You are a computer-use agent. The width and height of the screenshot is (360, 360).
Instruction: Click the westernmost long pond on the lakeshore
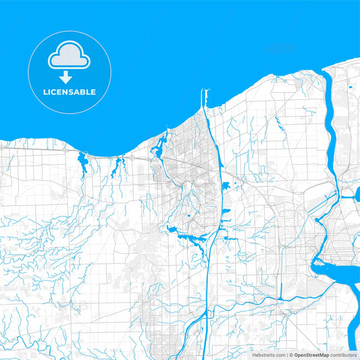point(82,162)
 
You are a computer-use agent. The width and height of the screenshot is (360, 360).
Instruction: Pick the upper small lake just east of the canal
point(225,186)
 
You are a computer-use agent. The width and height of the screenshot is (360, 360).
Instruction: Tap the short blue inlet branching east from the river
point(350,197)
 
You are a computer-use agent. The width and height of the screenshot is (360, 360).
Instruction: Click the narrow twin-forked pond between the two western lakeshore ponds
point(118,164)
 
